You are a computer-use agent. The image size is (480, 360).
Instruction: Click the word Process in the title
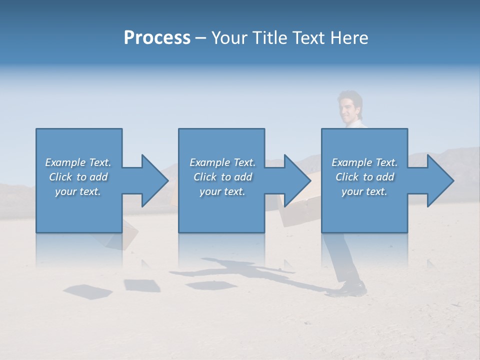tap(157, 38)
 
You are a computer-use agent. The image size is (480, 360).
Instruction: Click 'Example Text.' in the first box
tap(78, 162)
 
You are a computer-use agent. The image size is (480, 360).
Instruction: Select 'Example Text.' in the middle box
tap(222, 162)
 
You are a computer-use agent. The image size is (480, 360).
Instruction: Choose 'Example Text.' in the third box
tap(364, 162)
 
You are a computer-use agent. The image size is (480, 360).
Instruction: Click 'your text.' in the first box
tap(78, 191)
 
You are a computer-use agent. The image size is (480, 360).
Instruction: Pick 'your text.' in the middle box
tap(222, 191)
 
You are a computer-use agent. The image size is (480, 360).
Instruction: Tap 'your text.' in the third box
tap(364, 191)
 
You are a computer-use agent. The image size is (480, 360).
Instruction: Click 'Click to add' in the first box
tap(78, 177)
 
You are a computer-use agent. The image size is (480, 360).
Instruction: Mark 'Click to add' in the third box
tap(364, 177)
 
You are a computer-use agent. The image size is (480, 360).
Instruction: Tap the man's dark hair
tap(350, 96)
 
